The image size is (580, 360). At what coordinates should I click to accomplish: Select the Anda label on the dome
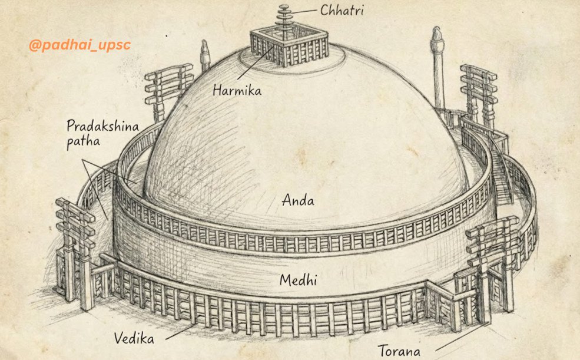click(298, 200)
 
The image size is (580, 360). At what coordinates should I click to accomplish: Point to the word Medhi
click(298, 280)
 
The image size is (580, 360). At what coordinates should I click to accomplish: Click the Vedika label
click(135, 339)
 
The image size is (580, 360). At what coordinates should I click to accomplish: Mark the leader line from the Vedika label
click(180, 331)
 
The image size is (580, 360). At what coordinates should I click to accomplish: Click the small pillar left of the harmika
click(205, 56)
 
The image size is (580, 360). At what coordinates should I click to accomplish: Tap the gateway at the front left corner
click(77, 247)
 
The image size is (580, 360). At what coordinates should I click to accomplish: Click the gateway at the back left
click(169, 88)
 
